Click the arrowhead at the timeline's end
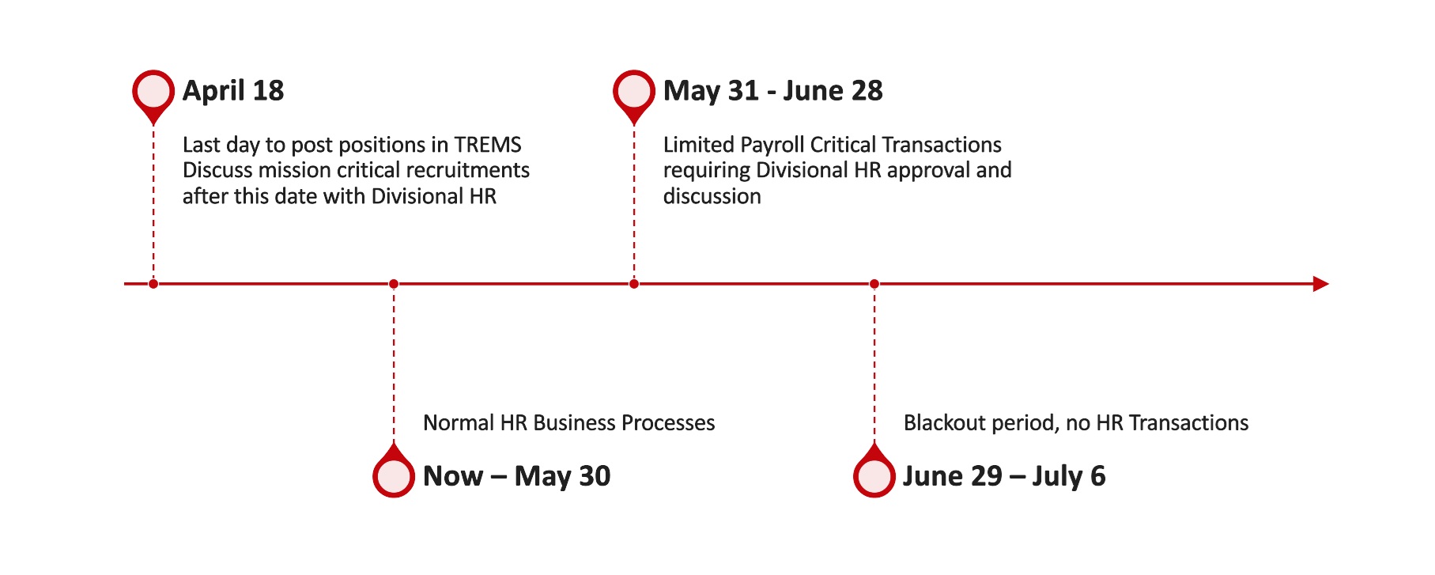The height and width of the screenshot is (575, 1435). pyautogui.click(x=1321, y=284)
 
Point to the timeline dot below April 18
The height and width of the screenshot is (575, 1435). pyautogui.click(x=153, y=284)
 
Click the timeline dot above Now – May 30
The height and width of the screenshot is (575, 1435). pyautogui.click(x=394, y=284)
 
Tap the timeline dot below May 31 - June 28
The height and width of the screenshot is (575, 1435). pyautogui.click(x=634, y=284)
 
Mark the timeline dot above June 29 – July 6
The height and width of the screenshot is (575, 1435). pyautogui.click(x=874, y=284)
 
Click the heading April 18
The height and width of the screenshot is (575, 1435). pyautogui.click(x=233, y=91)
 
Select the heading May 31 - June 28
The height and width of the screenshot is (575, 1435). pyautogui.click(x=773, y=91)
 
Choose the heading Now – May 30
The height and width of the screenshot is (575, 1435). pyautogui.click(x=517, y=476)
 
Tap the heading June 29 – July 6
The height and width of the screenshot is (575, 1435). pyautogui.click(x=1004, y=476)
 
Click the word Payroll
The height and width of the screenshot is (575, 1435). pyautogui.click(x=772, y=145)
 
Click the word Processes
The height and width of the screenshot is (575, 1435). pyautogui.click(x=668, y=423)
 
